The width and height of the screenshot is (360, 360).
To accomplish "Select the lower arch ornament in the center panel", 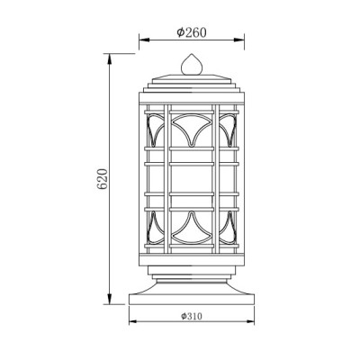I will pyautogui.click(x=190, y=226).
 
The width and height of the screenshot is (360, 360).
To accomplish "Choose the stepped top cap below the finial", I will pyautogui.click(x=190, y=84).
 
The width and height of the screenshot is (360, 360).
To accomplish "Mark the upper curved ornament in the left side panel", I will pyautogui.click(x=154, y=130).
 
